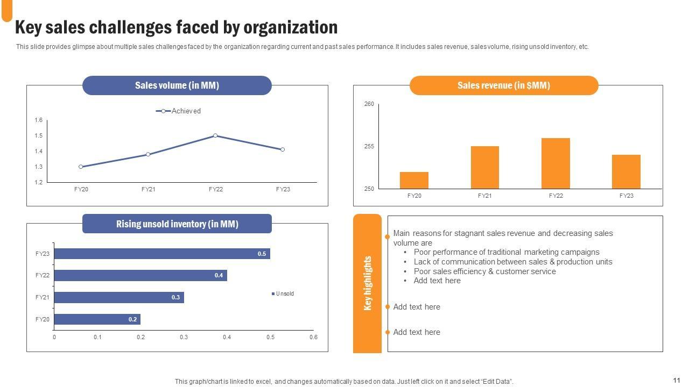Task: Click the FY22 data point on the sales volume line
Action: click(x=215, y=135)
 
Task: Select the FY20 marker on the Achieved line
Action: click(x=81, y=167)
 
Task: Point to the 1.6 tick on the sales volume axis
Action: click(x=39, y=120)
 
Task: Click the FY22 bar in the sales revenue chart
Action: click(x=556, y=163)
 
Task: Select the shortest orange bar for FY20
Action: click(x=414, y=180)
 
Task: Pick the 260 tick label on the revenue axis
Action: click(x=369, y=104)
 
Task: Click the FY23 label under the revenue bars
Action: click(x=626, y=196)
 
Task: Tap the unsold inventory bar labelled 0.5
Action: click(x=161, y=254)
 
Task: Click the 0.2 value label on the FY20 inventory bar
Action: click(x=132, y=319)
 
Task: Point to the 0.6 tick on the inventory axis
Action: click(x=313, y=338)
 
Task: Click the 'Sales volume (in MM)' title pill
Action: click(x=177, y=85)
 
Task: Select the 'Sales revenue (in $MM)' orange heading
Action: click(x=503, y=85)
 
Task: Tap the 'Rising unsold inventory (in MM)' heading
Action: click(x=177, y=224)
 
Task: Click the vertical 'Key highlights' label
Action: click(x=368, y=283)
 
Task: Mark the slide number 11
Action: click(x=677, y=380)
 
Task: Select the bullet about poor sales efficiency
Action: click(x=484, y=271)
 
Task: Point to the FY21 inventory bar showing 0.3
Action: click(x=119, y=297)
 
